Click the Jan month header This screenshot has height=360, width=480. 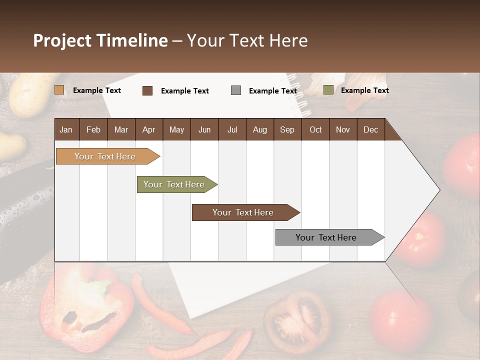(x=66, y=129)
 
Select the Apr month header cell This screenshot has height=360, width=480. (x=148, y=129)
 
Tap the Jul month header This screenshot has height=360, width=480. (x=232, y=129)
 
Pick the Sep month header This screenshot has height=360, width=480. (x=287, y=129)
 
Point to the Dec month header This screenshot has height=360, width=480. (x=370, y=129)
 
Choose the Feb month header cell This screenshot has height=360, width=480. (x=93, y=129)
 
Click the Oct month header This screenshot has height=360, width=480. (x=315, y=129)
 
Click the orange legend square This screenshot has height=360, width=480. (x=59, y=90)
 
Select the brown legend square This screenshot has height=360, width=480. (x=147, y=90)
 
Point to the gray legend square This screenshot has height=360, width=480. (x=236, y=90)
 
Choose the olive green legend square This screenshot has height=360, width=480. (x=328, y=90)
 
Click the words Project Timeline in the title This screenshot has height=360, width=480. (x=100, y=40)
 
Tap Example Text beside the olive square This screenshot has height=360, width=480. (x=364, y=90)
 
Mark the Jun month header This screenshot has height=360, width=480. (x=204, y=129)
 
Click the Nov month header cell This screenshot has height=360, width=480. (x=343, y=129)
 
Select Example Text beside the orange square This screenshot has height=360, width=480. (x=97, y=90)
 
